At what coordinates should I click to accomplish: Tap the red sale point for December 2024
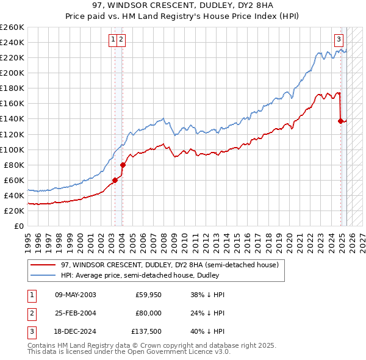click(x=340, y=121)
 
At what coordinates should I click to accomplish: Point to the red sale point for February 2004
click(x=123, y=165)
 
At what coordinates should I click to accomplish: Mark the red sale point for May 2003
click(x=115, y=180)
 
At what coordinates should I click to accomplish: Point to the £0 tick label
click(x=19, y=226)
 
